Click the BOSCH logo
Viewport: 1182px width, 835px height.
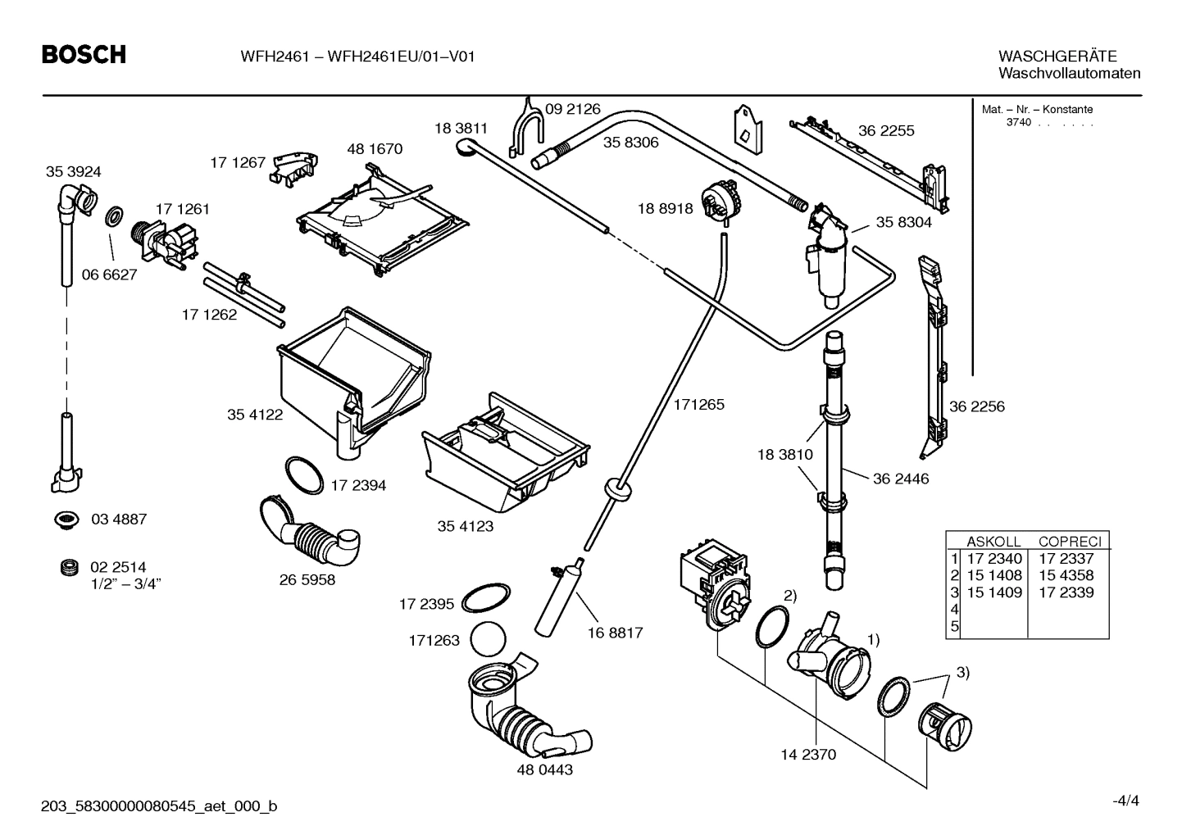[84, 55]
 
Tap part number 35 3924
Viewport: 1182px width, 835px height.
[73, 172]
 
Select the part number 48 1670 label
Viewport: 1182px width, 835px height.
[375, 149]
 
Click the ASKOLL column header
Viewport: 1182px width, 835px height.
[993, 542]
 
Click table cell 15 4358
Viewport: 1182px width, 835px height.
[1066, 575]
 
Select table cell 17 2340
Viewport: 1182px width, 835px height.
[993, 559]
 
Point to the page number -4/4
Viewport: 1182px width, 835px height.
[1125, 801]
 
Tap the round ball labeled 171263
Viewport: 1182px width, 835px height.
[489, 639]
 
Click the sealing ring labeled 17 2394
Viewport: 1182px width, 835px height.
[303, 475]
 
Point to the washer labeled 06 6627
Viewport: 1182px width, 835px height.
[113, 218]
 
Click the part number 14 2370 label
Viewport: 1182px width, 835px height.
[808, 755]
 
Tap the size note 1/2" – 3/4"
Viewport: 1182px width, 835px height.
[125, 583]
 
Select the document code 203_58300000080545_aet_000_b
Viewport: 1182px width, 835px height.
[159, 807]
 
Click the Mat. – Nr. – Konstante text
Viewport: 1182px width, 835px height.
[1037, 110]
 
